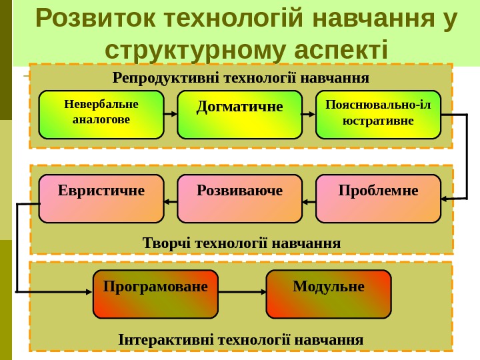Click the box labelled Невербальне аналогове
(x=101, y=115)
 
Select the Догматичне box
(x=240, y=115)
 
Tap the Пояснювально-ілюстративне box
(x=378, y=115)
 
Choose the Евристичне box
(x=101, y=199)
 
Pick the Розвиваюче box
(x=240, y=199)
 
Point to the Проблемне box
(x=378, y=199)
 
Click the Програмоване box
(x=155, y=294)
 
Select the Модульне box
(x=329, y=294)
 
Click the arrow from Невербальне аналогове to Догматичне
(x=171, y=114)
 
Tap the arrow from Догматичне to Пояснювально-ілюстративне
(x=309, y=114)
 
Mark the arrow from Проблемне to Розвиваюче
(x=309, y=201)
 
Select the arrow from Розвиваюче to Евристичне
(x=171, y=201)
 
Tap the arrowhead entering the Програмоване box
(x=87, y=292)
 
